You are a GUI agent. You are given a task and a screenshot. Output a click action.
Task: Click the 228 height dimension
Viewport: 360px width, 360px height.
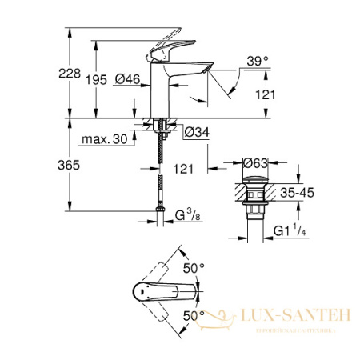click(x=71, y=74)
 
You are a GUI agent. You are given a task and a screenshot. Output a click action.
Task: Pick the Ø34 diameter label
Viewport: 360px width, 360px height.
click(x=196, y=131)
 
